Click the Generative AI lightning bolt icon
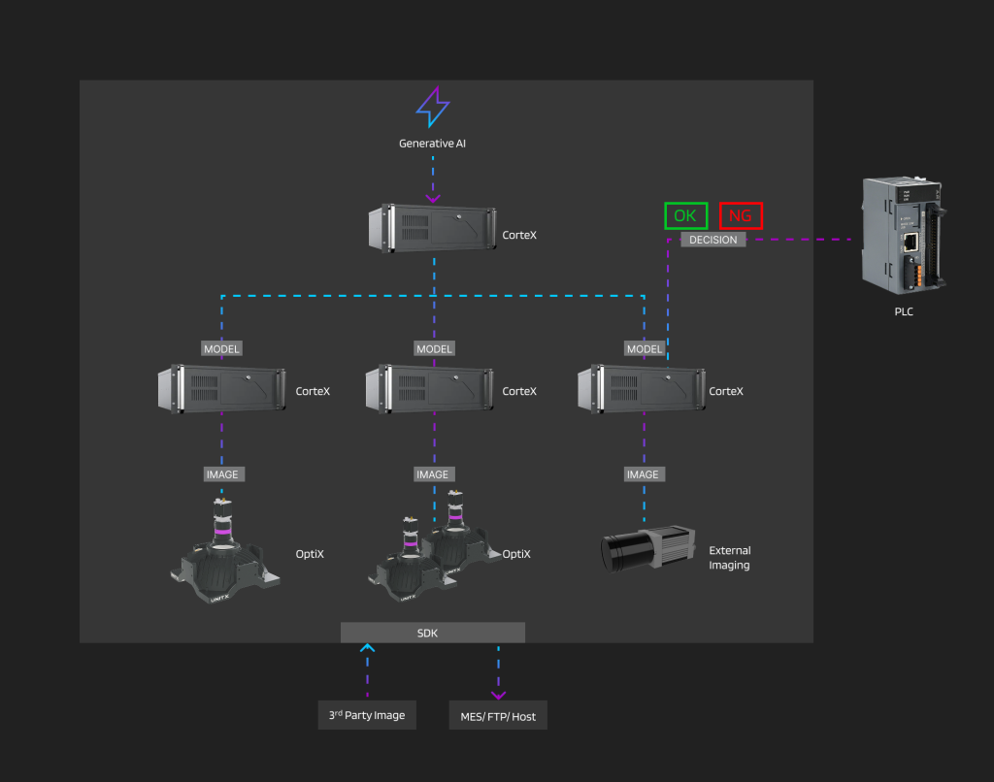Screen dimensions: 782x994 click(433, 108)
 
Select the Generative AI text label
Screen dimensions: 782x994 click(433, 144)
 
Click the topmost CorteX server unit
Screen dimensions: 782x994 click(432, 227)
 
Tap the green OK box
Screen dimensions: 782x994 click(685, 215)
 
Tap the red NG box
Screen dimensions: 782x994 click(742, 215)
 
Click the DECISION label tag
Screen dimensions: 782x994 click(713, 240)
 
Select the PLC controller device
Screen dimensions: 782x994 click(902, 236)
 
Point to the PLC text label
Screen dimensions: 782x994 click(903, 312)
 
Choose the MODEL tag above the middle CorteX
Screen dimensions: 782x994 click(434, 349)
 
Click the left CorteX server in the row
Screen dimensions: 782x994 click(221, 388)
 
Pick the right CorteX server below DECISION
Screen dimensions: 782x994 click(642, 388)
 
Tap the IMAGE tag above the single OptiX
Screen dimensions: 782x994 click(222, 474)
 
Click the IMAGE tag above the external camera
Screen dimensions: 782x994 click(643, 474)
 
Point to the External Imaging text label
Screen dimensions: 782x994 click(729, 558)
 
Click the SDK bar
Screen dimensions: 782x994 click(433, 633)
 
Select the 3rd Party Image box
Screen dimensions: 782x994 click(367, 715)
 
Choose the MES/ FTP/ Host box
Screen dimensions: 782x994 click(498, 717)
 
